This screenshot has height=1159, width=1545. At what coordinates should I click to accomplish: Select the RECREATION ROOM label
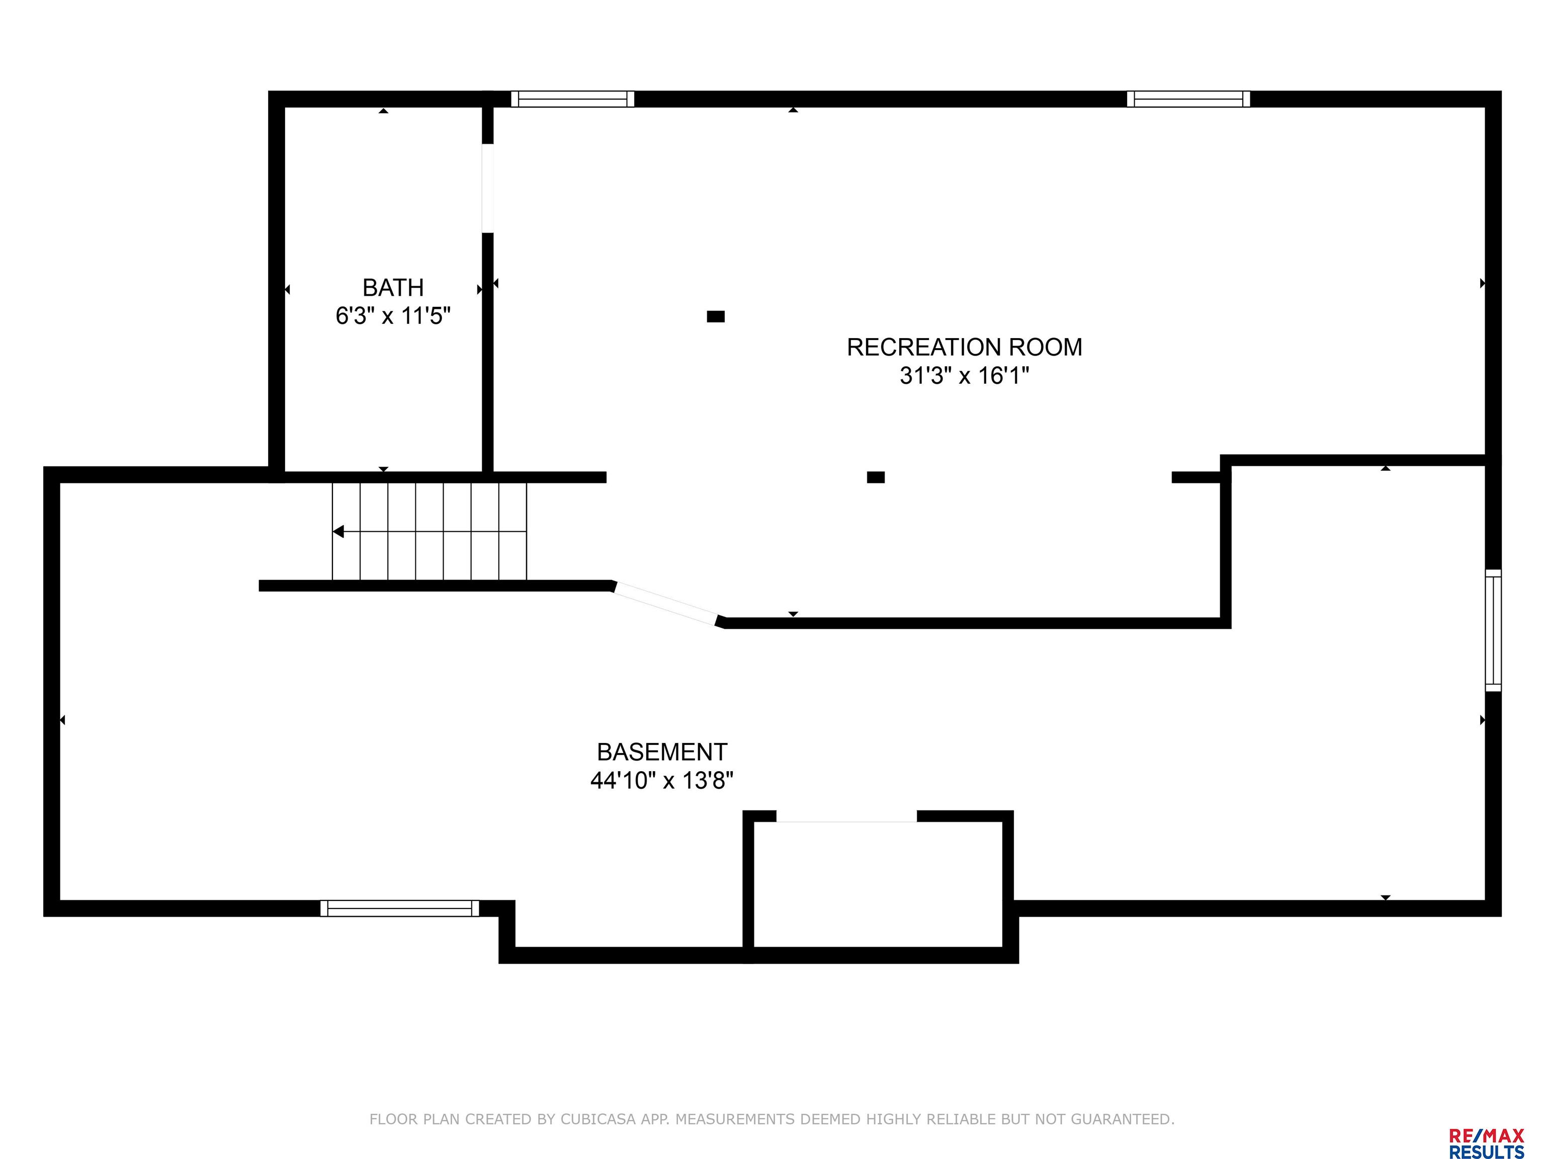[x=964, y=347]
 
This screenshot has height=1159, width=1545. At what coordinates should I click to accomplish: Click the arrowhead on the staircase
[x=338, y=532]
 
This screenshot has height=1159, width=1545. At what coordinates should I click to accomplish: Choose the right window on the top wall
[x=1187, y=99]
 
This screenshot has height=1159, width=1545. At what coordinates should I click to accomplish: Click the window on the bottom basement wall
[x=399, y=908]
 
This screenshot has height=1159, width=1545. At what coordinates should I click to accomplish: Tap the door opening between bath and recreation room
[x=487, y=188]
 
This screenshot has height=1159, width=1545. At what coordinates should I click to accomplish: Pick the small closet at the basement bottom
[x=878, y=884]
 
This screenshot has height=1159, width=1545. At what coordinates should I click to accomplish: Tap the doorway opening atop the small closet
[x=846, y=816]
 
